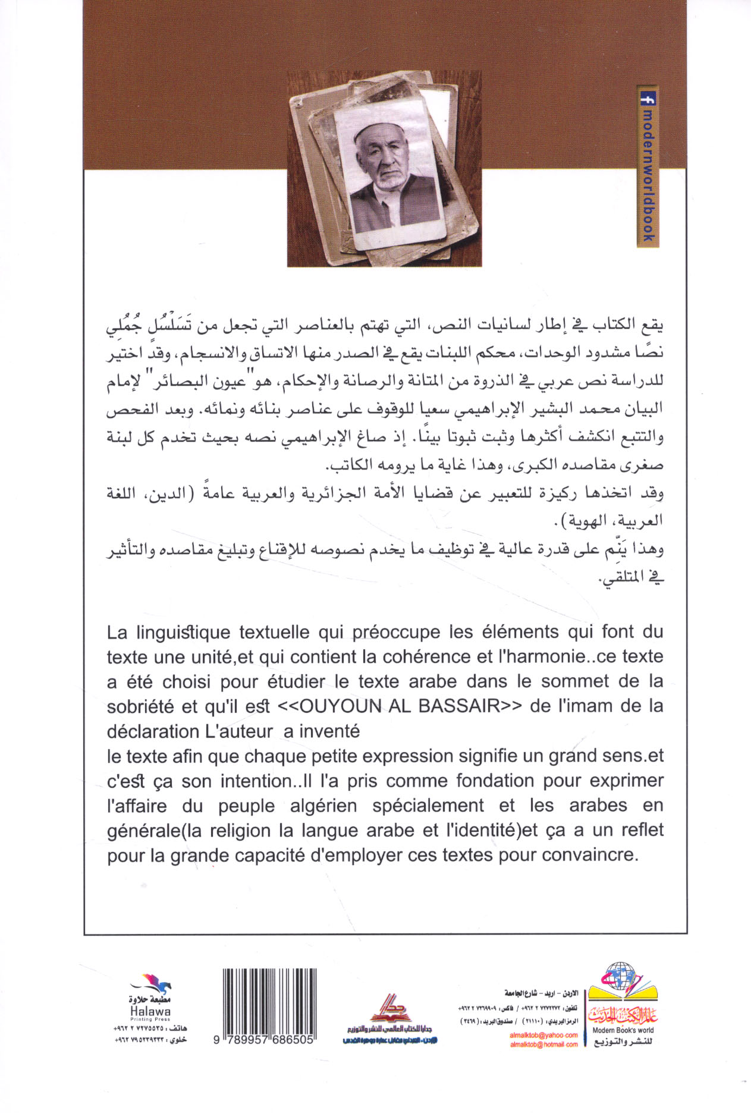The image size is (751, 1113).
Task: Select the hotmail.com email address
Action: click(x=543, y=1044)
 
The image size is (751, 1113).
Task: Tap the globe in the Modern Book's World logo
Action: click(x=619, y=975)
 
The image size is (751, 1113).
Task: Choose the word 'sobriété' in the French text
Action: click(x=140, y=706)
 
